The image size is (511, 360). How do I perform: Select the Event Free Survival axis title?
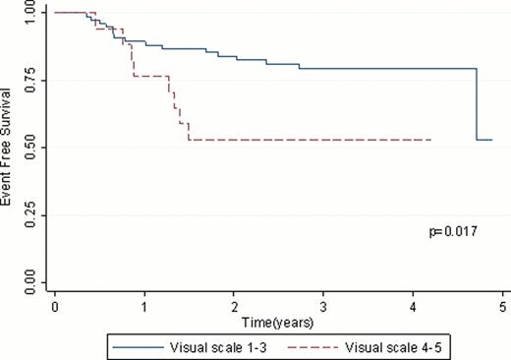pyautogui.click(x=11, y=148)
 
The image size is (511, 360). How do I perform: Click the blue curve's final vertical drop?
pyautogui.click(x=478, y=104)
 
